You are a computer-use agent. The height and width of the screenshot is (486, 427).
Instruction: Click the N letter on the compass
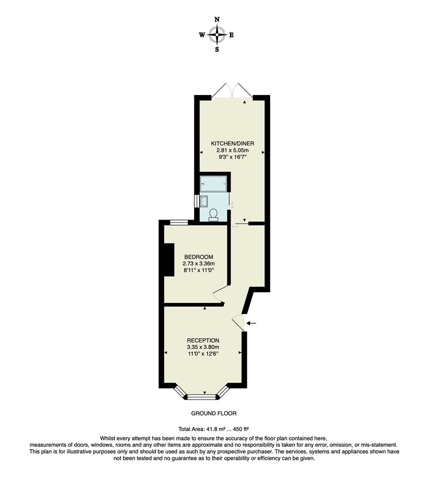[x=217, y=19]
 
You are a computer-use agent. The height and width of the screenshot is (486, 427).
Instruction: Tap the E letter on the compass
[x=232, y=35]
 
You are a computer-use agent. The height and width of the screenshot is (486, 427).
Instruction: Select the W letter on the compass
[x=202, y=35]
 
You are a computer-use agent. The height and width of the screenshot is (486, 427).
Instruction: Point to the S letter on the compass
[x=217, y=50]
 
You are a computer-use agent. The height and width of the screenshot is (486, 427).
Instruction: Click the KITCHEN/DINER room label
[x=230, y=144]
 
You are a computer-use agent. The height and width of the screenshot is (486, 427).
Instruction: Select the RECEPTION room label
[x=203, y=340]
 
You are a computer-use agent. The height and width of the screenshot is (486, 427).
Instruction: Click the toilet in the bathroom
[x=213, y=214]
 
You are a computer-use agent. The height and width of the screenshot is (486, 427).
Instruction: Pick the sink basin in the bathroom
[x=204, y=201]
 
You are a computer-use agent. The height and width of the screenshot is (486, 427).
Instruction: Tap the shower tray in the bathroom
[x=213, y=184]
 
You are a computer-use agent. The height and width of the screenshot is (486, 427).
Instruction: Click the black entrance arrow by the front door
[x=251, y=323]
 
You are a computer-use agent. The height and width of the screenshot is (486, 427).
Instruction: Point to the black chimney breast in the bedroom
[x=169, y=260]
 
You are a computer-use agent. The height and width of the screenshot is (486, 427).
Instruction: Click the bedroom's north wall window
[x=179, y=221]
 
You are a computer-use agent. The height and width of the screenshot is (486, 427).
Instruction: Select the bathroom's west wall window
[x=197, y=201]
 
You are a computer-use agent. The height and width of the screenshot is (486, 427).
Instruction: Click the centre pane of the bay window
[x=202, y=397]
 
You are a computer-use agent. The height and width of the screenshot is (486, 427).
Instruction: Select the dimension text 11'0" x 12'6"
[x=203, y=354]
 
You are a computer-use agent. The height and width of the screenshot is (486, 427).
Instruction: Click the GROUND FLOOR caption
[x=213, y=413]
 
